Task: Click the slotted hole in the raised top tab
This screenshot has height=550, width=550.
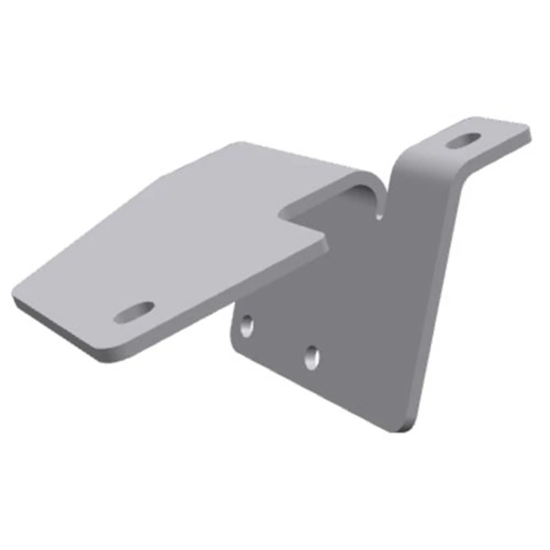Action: pyautogui.click(x=463, y=140)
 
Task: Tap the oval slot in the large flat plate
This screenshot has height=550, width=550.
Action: pyautogui.click(x=135, y=312)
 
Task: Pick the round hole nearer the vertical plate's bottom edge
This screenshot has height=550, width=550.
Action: pyautogui.click(x=312, y=356)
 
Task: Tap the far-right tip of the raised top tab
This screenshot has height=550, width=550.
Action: pyautogui.click(x=527, y=130)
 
